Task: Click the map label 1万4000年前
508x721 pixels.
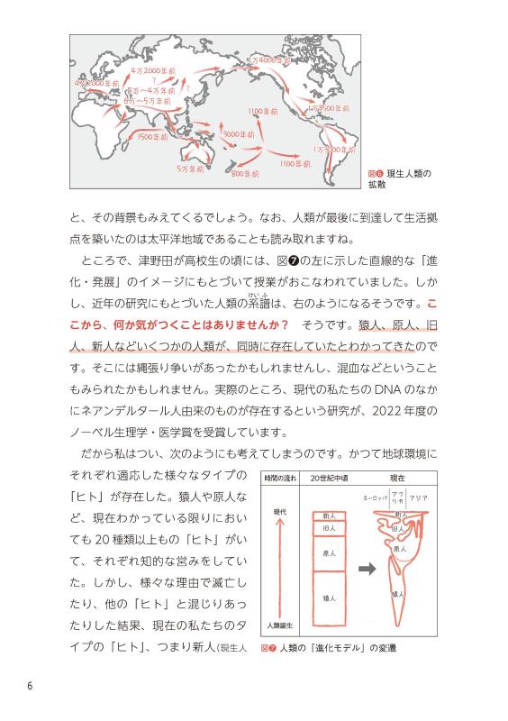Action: tap(274, 61)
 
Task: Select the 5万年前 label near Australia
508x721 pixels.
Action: tap(192, 169)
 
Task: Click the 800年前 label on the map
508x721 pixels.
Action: tap(245, 172)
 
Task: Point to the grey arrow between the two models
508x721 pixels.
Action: tap(364, 569)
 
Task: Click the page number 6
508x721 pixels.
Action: tap(30, 687)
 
